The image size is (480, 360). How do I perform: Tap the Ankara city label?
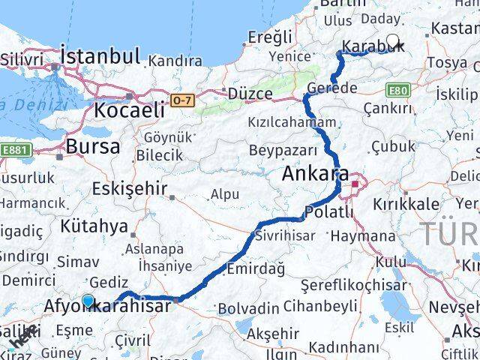(315, 175)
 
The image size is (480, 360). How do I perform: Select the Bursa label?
(92, 146)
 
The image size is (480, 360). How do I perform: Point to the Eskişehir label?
(128, 189)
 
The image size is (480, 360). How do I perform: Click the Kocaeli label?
(129, 109)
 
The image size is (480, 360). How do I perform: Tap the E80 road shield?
(397, 91)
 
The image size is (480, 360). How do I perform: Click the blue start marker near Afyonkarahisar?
(88, 301)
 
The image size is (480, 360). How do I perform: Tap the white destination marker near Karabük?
(392, 40)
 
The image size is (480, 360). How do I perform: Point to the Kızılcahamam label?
(292, 121)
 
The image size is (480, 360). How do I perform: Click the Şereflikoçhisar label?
(353, 285)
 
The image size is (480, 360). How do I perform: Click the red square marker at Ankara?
(354, 183)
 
